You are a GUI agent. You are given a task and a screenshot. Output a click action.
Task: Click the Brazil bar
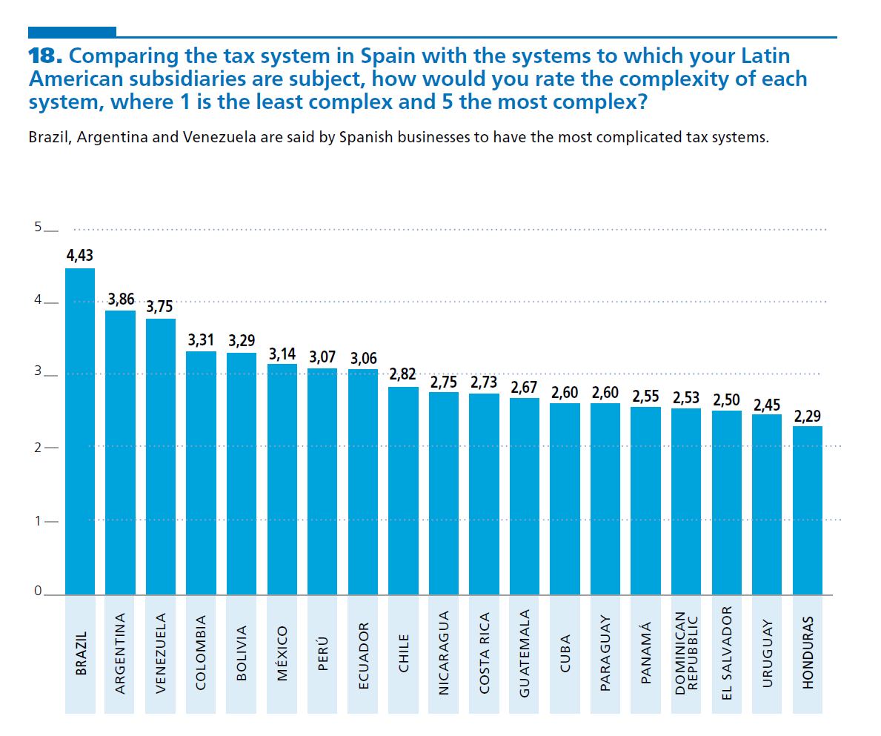tap(80, 431)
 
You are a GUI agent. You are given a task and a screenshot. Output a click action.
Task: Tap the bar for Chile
tap(403, 491)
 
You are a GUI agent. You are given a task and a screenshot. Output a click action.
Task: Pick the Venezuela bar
tap(161, 457)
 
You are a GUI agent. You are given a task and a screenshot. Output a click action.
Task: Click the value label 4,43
tap(80, 256)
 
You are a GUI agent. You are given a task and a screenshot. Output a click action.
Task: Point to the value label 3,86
tap(121, 299)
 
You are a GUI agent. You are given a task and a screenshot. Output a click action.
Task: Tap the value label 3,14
tap(282, 354)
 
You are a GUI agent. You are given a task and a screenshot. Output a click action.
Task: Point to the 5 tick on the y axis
tap(37, 228)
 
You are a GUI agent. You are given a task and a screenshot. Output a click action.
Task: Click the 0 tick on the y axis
tap(37, 592)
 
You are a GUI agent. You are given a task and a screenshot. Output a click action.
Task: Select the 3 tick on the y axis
tap(37, 374)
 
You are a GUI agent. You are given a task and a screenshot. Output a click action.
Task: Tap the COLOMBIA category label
tap(201, 652)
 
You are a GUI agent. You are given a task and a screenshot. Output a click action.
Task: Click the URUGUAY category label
tap(767, 652)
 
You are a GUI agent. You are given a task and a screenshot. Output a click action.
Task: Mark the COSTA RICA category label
tap(484, 652)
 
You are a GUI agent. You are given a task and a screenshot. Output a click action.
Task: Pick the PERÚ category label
tap(322, 652)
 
